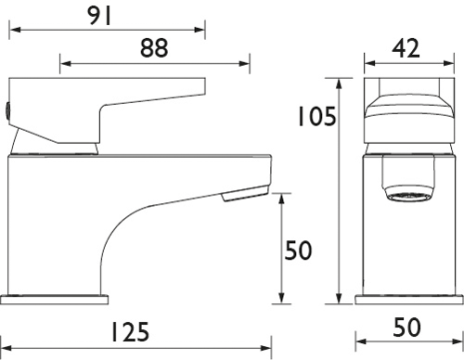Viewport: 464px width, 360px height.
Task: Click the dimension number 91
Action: (x=107, y=15)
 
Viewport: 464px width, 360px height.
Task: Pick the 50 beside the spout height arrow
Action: (x=298, y=251)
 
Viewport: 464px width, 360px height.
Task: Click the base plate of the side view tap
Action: (x=56, y=301)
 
